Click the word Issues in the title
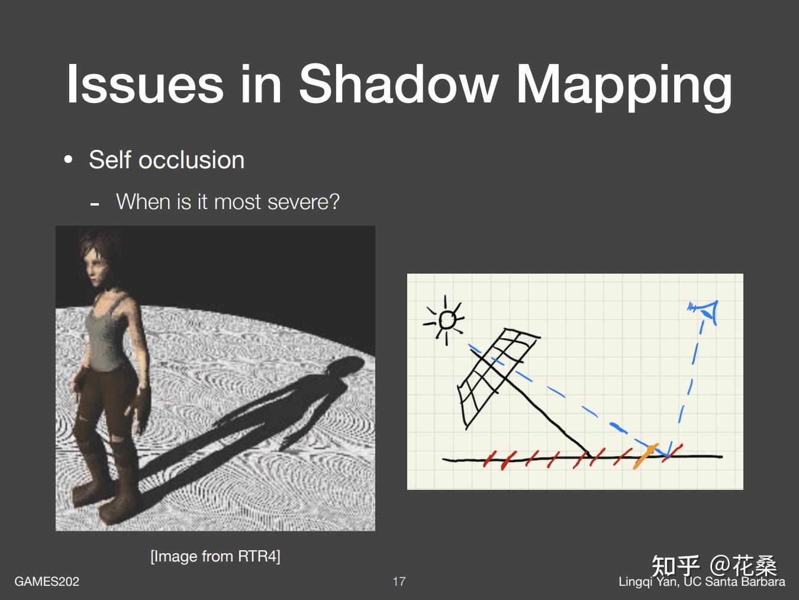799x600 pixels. coord(145,84)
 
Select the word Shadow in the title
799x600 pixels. coord(398,84)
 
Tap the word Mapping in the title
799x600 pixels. coord(624,88)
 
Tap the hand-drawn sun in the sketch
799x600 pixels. coord(445,320)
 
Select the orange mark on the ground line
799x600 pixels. coord(645,456)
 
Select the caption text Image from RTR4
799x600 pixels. coord(215,556)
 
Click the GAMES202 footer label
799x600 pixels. coord(47,581)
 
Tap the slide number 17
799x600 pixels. coord(399,581)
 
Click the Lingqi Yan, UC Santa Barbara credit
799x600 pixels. coord(702,582)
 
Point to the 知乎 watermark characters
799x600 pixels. coord(675,566)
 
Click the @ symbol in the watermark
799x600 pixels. coord(721,566)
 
